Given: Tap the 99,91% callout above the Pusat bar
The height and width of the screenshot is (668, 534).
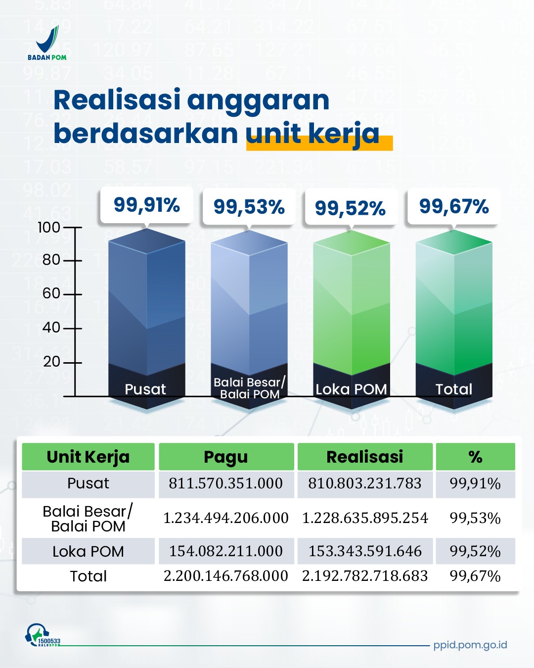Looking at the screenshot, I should point(146,205).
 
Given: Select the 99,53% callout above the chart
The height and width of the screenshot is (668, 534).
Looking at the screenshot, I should point(249,207).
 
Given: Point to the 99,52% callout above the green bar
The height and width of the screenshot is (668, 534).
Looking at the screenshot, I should point(350,208).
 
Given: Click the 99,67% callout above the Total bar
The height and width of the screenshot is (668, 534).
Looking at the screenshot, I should point(453,206).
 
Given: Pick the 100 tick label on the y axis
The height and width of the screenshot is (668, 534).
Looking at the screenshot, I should point(49,228).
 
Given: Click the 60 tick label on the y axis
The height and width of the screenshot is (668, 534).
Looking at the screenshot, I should point(51,293).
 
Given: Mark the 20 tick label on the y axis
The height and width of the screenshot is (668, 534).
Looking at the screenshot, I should point(51,362).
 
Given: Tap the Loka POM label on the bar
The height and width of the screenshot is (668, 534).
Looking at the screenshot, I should point(351,389).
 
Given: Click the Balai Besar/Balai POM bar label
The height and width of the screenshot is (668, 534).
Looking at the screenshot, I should point(249,388).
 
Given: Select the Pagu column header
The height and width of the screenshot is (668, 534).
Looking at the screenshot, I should point(226,457).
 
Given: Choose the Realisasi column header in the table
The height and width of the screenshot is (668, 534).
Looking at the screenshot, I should point(365,457).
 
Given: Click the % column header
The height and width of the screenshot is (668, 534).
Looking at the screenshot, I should point(475,457).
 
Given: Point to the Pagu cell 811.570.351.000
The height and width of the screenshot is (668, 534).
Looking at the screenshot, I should point(226,483).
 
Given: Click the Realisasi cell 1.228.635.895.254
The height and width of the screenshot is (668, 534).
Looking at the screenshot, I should point(365,518).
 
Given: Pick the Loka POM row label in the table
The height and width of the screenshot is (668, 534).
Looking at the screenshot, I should point(88,551).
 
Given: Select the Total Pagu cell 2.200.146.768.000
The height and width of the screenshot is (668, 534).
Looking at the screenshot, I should point(226,576).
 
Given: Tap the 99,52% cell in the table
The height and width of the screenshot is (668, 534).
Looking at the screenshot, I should point(475,551).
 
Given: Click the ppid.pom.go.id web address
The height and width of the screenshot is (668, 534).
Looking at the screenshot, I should point(470,645).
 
